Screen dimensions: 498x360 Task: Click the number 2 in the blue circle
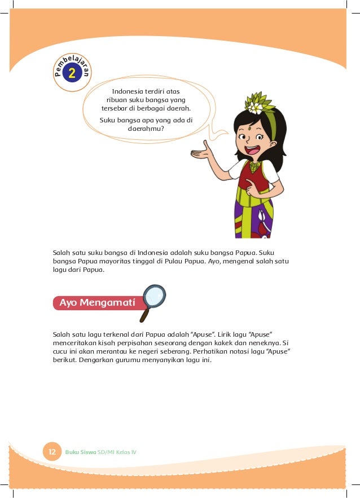pos(72,73)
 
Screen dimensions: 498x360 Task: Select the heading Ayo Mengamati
pos(94,303)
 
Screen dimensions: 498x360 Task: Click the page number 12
pos(52,452)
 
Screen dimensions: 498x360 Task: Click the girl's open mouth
pos(252,151)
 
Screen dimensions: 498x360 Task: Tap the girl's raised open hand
pos(203,149)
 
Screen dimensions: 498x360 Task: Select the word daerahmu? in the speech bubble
pos(146,128)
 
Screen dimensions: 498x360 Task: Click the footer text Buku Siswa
pos(80,452)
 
